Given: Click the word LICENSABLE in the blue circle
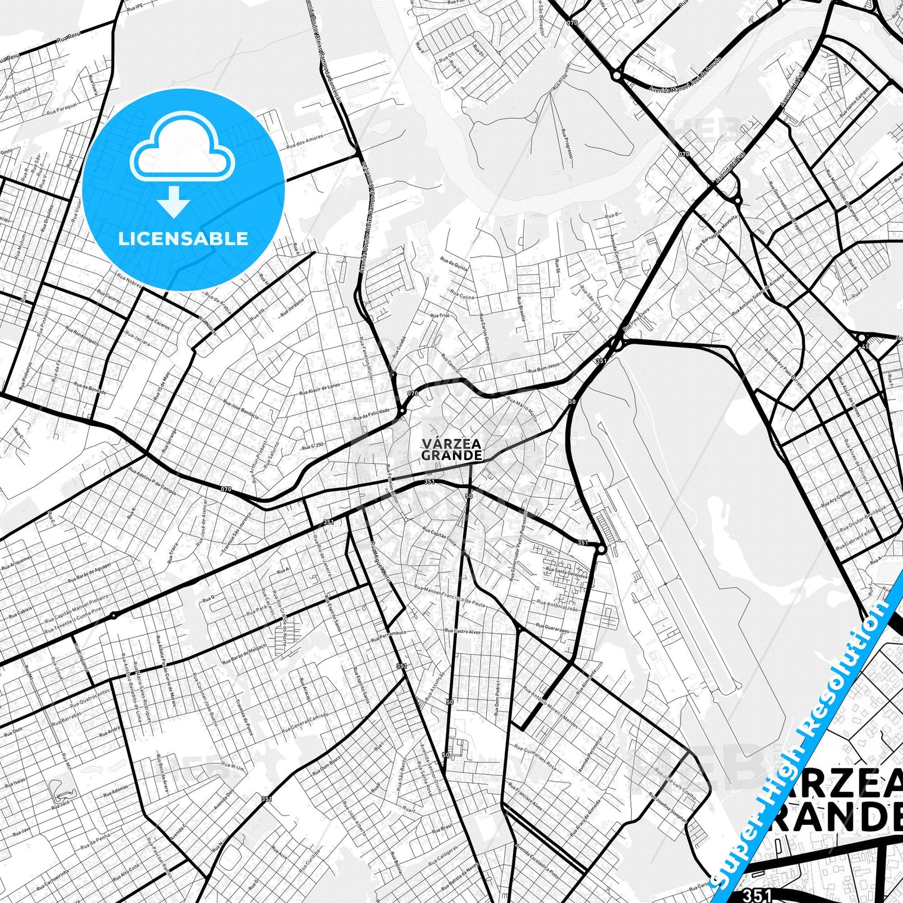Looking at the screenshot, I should (x=183, y=239).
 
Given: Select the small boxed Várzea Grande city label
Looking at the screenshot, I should (x=451, y=449).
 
